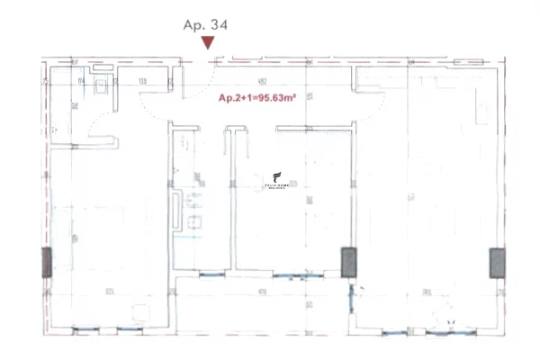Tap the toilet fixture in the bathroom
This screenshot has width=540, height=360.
click(102, 85)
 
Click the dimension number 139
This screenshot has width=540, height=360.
click(142, 82)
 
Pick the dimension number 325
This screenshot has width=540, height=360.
click(109, 292)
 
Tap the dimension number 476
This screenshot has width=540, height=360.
click(262, 292)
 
